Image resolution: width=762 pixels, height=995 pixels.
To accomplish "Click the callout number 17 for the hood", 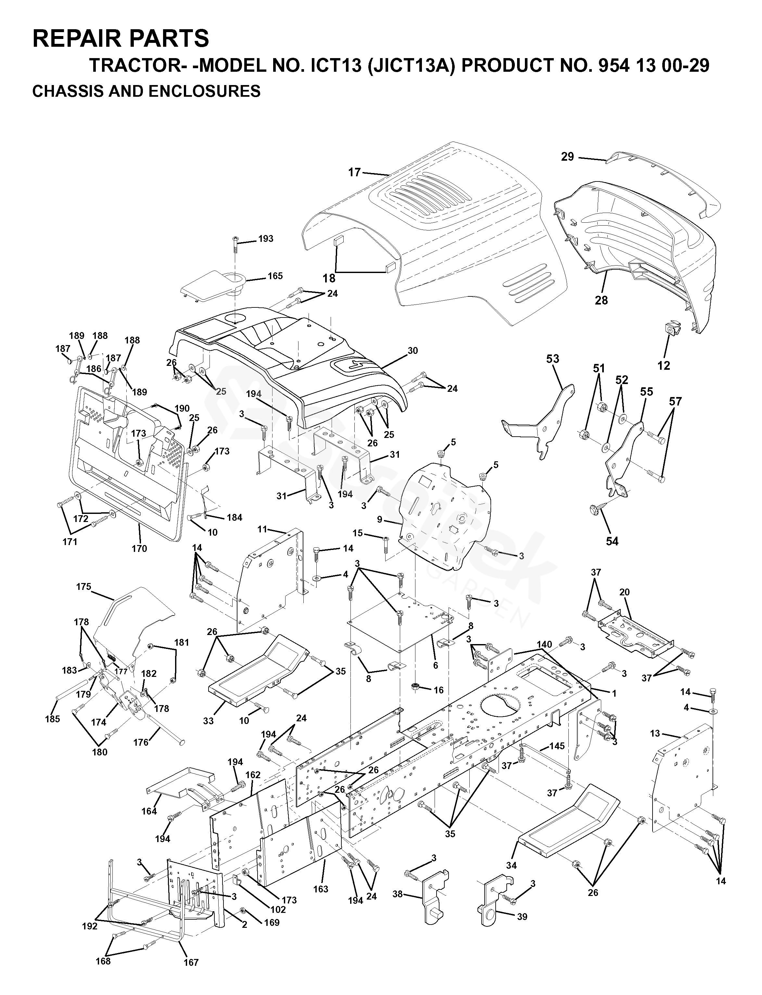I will click(354, 172).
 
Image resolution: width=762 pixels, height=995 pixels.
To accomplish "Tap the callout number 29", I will click(567, 157).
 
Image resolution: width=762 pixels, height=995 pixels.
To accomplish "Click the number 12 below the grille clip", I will click(664, 365).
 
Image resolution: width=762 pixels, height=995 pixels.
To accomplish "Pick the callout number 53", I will click(552, 359).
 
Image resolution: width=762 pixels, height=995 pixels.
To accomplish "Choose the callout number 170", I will click(139, 549).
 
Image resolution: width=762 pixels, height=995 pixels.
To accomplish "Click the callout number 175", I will click(83, 587).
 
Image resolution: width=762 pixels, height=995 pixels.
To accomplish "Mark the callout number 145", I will click(557, 746).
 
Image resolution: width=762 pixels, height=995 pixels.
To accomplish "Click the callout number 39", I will click(522, 913).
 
